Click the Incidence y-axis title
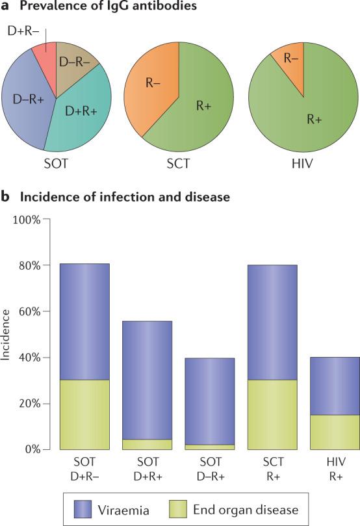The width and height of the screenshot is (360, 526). (6, 334)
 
